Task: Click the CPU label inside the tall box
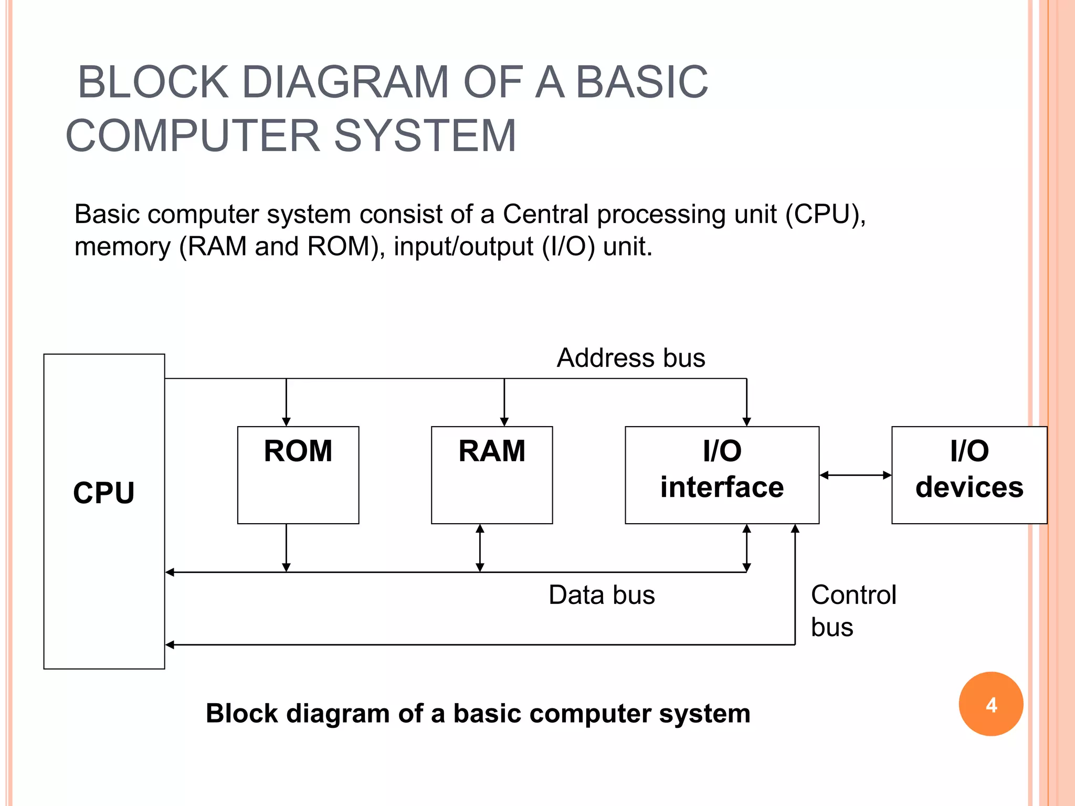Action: [104, 493]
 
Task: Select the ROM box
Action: [298, 475]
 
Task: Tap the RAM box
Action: [492, 475]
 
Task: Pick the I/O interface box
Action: [722, 475]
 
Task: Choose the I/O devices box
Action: [969, 475]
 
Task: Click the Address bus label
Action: [631, 358]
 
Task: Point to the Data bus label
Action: [602, 595]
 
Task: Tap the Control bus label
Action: [853, 611]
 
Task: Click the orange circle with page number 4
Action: [991, 704]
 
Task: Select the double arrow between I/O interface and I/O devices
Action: [856, 475]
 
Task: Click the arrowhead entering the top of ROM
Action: [286, 422]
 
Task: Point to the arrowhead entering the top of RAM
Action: [504, 422]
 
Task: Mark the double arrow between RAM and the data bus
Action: [480, 548]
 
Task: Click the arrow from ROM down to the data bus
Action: [286, 548]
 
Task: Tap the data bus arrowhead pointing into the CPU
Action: [170, 572]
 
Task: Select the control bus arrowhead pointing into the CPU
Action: [170, 644]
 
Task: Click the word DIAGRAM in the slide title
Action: [346, 82]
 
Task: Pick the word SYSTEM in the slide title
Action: [425, 135]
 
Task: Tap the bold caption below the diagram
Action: [478, 714]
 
